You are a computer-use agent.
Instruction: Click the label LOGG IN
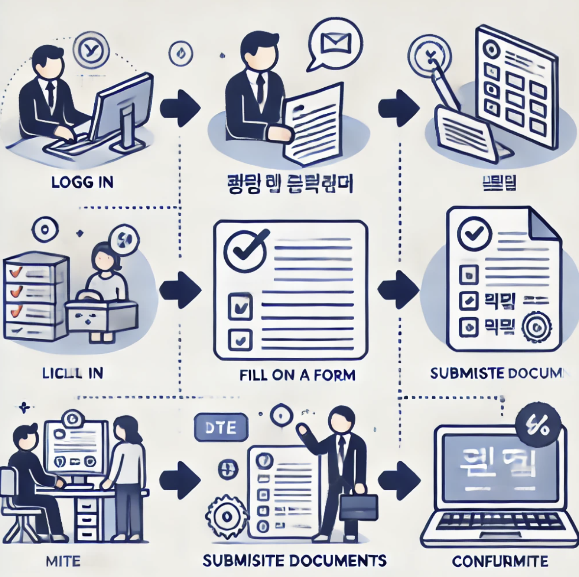pos(82,182)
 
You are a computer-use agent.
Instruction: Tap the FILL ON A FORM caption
pos(297,376)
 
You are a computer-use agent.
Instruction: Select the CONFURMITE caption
pos(500,561)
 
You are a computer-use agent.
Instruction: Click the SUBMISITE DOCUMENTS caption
pos(294,560)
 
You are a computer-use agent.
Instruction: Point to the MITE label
pos(63,561)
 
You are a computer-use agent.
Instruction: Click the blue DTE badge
pos(221,428)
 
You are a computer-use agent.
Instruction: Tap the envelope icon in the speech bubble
pos(336,43)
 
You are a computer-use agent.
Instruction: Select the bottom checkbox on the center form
pos(240,338)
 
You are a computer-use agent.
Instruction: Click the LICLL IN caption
pos(73,373)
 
